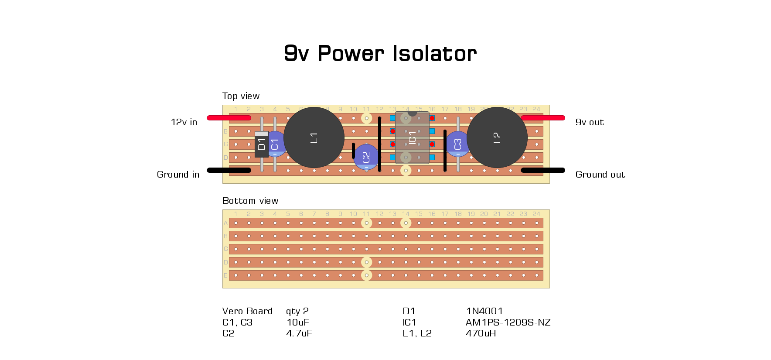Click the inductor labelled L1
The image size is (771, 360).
pos(314,137)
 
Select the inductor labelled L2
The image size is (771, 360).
pos(497,137)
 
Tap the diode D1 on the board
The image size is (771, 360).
pos(261,144)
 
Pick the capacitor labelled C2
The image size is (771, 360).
pos(366,158)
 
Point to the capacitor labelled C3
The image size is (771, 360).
pos(457,144)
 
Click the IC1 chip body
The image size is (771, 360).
pos(412,138)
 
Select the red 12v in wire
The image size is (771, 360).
pos(229,118)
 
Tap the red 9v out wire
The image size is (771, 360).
pos(543,118)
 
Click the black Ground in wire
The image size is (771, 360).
pos(229,170)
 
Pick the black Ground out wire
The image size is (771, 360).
pos(543,170)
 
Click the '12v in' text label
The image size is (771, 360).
pos(184,122)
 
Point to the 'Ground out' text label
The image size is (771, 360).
pos(600,175)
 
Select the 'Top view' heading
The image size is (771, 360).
pos(241,96)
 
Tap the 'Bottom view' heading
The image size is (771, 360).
pos(250,201)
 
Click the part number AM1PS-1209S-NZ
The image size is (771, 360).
pos(508,322)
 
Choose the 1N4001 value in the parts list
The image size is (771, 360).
pos(484,311)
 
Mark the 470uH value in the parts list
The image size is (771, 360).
pos(481,333)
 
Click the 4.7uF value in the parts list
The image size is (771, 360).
pos(299,333)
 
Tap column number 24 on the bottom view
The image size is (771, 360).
pos(536,214)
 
